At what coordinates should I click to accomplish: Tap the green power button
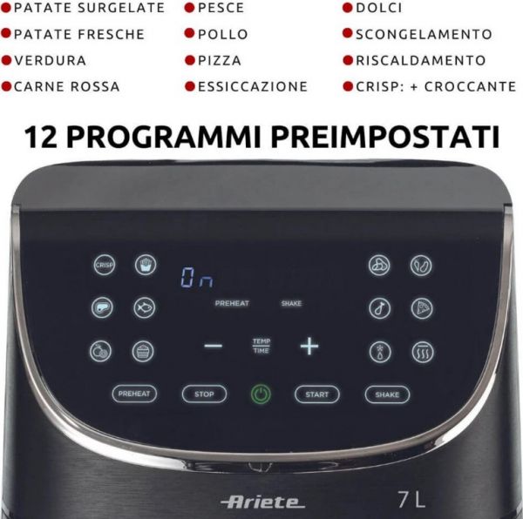261,394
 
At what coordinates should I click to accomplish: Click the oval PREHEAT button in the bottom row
134,394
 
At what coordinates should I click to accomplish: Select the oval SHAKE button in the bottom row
387,394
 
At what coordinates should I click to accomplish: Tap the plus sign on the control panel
309,347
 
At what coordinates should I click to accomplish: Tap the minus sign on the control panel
214,347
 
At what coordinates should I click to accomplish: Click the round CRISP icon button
104,266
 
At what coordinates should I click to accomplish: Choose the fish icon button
144,307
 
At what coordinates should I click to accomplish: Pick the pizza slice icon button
421,307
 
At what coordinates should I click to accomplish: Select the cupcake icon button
144,351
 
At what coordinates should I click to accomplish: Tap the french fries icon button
144,266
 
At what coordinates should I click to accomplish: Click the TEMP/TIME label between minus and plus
261,346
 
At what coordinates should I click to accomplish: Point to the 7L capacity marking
411,500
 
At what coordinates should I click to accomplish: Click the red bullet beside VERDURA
7,61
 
